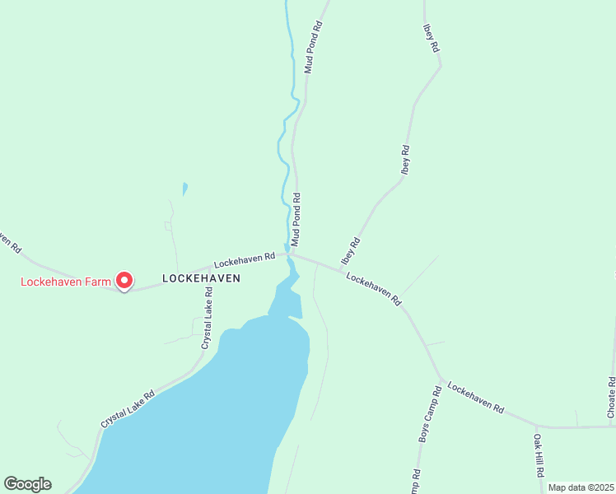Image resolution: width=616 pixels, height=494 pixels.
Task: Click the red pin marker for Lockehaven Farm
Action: coord(124,281)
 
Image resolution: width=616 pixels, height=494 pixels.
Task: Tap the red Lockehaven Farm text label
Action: coord(65,282)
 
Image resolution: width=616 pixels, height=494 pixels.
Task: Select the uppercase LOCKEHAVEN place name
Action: coord(202,278)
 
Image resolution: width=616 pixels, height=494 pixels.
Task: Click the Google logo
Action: coord(27,484)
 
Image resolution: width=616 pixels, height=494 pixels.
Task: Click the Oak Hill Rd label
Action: coord(539,456)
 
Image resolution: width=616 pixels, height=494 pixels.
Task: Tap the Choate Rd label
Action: coord(611,398)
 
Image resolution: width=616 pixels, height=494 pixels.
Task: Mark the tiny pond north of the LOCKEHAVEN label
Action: coord(184,189)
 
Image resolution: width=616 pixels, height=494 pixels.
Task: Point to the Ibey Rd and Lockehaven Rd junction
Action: coord(341,268)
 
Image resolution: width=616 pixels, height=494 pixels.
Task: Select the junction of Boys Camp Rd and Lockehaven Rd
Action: coord(441,380)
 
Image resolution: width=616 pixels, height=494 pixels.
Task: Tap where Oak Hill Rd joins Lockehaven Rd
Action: coord(537,426)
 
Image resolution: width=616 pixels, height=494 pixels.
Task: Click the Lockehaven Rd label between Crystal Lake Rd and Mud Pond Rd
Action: coord(244,260)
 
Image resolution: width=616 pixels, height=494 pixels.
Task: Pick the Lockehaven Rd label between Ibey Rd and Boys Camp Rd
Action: coord(373,289)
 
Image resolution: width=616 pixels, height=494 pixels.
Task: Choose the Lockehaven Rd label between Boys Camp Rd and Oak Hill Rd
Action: coord(476,395)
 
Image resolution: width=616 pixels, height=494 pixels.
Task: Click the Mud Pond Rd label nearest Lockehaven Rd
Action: coord(296,221)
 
